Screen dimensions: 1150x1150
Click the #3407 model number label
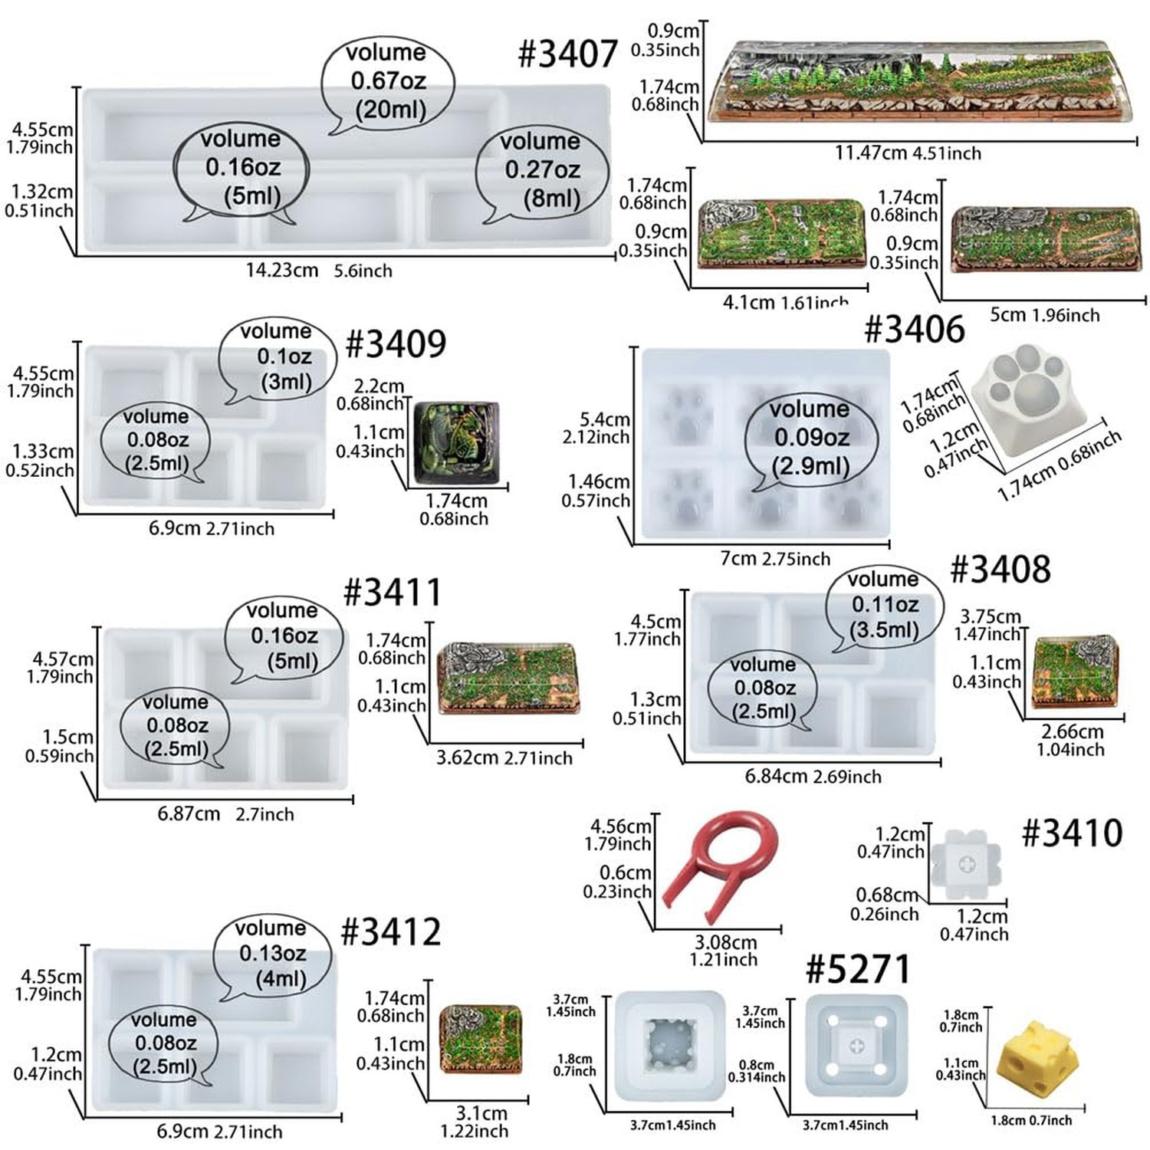[x=568, y=54]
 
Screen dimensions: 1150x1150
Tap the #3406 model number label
[x=915, y=329]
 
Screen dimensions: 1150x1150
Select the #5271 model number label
[x=858, y=969]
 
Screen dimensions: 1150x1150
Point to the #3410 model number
[x=1073, y=833]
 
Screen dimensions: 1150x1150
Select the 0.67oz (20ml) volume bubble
[x=388, y=83]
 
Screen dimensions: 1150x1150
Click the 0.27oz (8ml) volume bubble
[x=543, y=172]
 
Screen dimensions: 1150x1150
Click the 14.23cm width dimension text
[x=282, y=270]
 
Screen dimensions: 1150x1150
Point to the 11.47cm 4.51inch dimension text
[x=908, y=153]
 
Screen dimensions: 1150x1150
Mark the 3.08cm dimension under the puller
[x=725, y=942]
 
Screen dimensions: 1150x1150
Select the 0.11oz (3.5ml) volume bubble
[x=884, y=608]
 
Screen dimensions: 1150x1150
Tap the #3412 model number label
[x=391, y=932]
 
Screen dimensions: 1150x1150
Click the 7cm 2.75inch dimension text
[x=775, y=559]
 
